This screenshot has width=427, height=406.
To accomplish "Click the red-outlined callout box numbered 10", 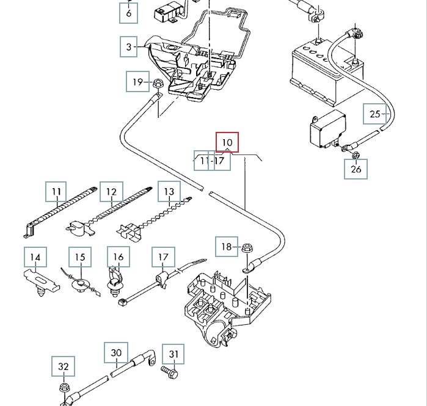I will [x=227, y=142].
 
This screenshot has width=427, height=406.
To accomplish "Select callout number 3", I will [x=129, y=46].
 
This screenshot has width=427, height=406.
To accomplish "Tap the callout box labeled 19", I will [x=138, y=82].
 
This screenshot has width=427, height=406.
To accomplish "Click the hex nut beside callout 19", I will [x=157, y=83].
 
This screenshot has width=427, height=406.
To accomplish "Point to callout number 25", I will [x=374, y=114].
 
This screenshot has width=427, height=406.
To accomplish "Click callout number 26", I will [x=356, y=169].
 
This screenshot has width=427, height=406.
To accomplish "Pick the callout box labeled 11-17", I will [x=212, y=161].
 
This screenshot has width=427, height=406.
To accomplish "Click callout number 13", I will [x=169, y=192].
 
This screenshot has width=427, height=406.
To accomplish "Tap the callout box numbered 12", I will [x=111, y=192].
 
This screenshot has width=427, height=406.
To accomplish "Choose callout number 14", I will [x=35, y=258].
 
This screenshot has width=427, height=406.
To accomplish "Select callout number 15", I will [x=80, y=258].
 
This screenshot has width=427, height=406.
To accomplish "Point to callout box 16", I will [x=119, y=257].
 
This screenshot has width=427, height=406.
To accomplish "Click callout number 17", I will [x=163, y=257].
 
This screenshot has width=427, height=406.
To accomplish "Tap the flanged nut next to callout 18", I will [x=247, y=248].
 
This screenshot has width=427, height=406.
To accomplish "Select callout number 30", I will [x=116, y=352].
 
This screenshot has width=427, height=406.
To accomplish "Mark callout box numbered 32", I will [x=64, y=367].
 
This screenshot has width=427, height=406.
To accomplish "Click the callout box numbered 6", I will [x=128, y=12].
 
